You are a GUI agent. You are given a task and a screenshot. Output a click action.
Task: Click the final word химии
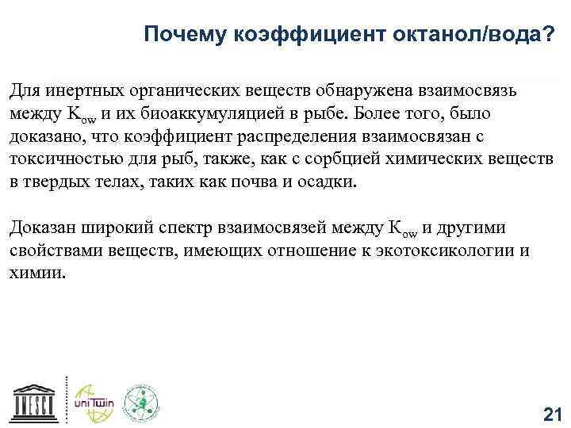(x=37, y=273)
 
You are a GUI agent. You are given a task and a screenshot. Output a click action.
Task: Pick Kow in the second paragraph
(x=403, y=229)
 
